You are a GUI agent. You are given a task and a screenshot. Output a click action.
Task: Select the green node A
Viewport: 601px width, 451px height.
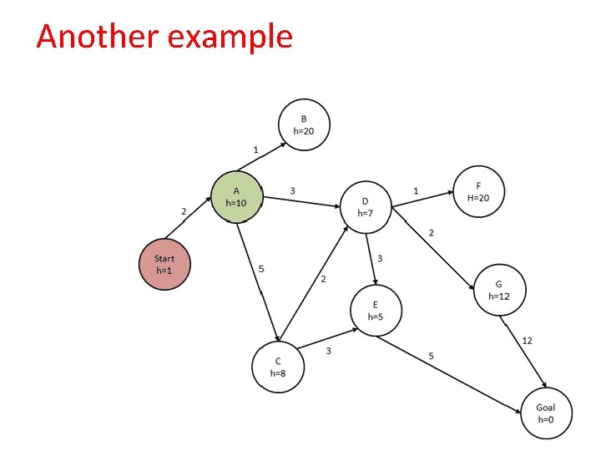(x=237, y=197)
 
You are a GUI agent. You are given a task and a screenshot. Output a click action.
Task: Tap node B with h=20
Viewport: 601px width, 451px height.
(x=304, y=125)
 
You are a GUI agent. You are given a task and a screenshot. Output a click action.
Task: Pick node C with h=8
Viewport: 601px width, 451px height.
(x=278, y=367)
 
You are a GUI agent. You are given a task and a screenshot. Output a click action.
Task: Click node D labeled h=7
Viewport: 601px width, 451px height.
(x=366, y=206)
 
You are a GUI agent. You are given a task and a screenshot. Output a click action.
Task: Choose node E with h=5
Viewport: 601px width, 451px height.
(x=376, y=310)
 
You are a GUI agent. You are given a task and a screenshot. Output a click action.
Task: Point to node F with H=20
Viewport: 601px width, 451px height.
(x=478, y=190)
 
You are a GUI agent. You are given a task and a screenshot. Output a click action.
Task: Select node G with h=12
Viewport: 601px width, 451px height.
(x=498, y=290)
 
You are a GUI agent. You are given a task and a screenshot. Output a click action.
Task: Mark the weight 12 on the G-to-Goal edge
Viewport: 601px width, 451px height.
(x=527, y=341)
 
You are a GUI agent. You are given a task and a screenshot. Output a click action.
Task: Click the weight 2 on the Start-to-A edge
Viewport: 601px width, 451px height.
(x=184, y=211)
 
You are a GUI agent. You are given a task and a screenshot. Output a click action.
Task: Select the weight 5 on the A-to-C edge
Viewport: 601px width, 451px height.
(x=261, y=269)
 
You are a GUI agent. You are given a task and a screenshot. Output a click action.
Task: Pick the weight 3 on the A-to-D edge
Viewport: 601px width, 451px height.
(x=292, y=190)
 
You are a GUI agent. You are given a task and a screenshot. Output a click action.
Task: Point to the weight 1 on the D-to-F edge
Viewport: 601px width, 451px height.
(x=416, y=191)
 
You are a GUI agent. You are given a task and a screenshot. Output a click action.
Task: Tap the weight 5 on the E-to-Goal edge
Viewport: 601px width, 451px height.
(x=431, y=356)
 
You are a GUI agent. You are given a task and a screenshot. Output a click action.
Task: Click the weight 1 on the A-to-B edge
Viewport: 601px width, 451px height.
(x=255, y=149)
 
